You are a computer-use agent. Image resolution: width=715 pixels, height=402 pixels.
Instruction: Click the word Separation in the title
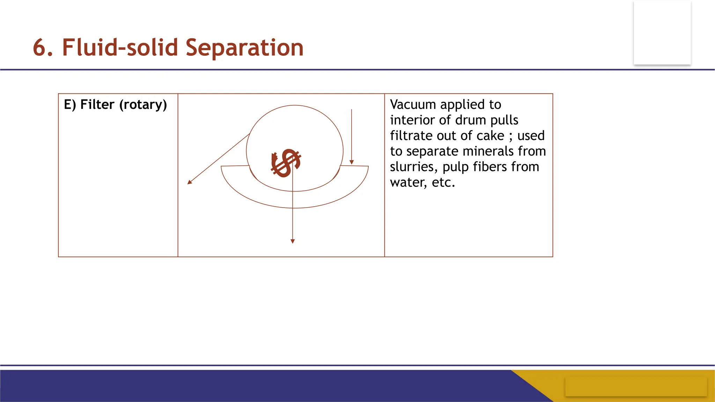point(244,48)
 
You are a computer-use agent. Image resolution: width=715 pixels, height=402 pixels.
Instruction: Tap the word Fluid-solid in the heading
point(120,48)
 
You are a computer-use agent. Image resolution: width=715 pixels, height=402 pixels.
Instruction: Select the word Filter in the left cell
point(97,104)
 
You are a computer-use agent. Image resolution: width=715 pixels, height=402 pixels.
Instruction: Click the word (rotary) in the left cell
point(143,105)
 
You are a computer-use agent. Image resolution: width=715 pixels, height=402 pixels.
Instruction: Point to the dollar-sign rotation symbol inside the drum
point(286,163)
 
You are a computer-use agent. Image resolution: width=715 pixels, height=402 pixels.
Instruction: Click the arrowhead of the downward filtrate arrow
point(293,241)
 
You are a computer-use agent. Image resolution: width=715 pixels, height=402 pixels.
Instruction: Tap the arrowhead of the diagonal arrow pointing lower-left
point(190,182)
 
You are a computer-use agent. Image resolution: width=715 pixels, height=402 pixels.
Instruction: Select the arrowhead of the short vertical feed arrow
point(352,162)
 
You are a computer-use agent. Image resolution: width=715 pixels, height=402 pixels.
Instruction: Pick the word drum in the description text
point(471,120)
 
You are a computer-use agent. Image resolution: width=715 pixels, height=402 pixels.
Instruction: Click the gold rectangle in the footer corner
point(636,387)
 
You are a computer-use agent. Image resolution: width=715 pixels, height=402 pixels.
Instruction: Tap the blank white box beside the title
point(662,32)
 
